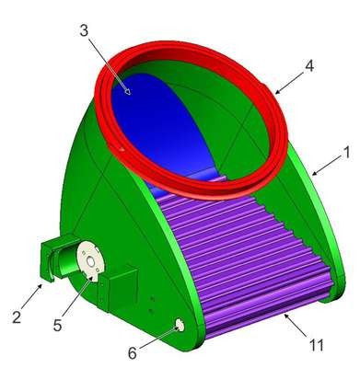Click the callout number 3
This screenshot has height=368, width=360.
point(84,30)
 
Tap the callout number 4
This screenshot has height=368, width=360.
point(309,65)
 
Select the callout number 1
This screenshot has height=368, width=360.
point(347,153)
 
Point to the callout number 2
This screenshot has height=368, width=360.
point(17,316)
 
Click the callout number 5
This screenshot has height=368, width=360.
point(57,325)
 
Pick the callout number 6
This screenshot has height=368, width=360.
point(133,353)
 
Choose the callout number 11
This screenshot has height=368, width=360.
point(316,345)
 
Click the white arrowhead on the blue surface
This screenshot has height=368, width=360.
point(128,91)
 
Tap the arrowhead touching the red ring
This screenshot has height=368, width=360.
point(277,92)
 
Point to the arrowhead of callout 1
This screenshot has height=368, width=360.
point(315,174)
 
